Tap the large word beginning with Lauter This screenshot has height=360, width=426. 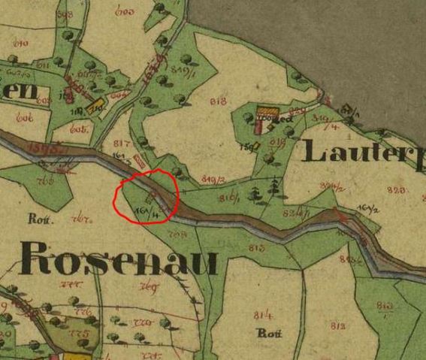[364, 153]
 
